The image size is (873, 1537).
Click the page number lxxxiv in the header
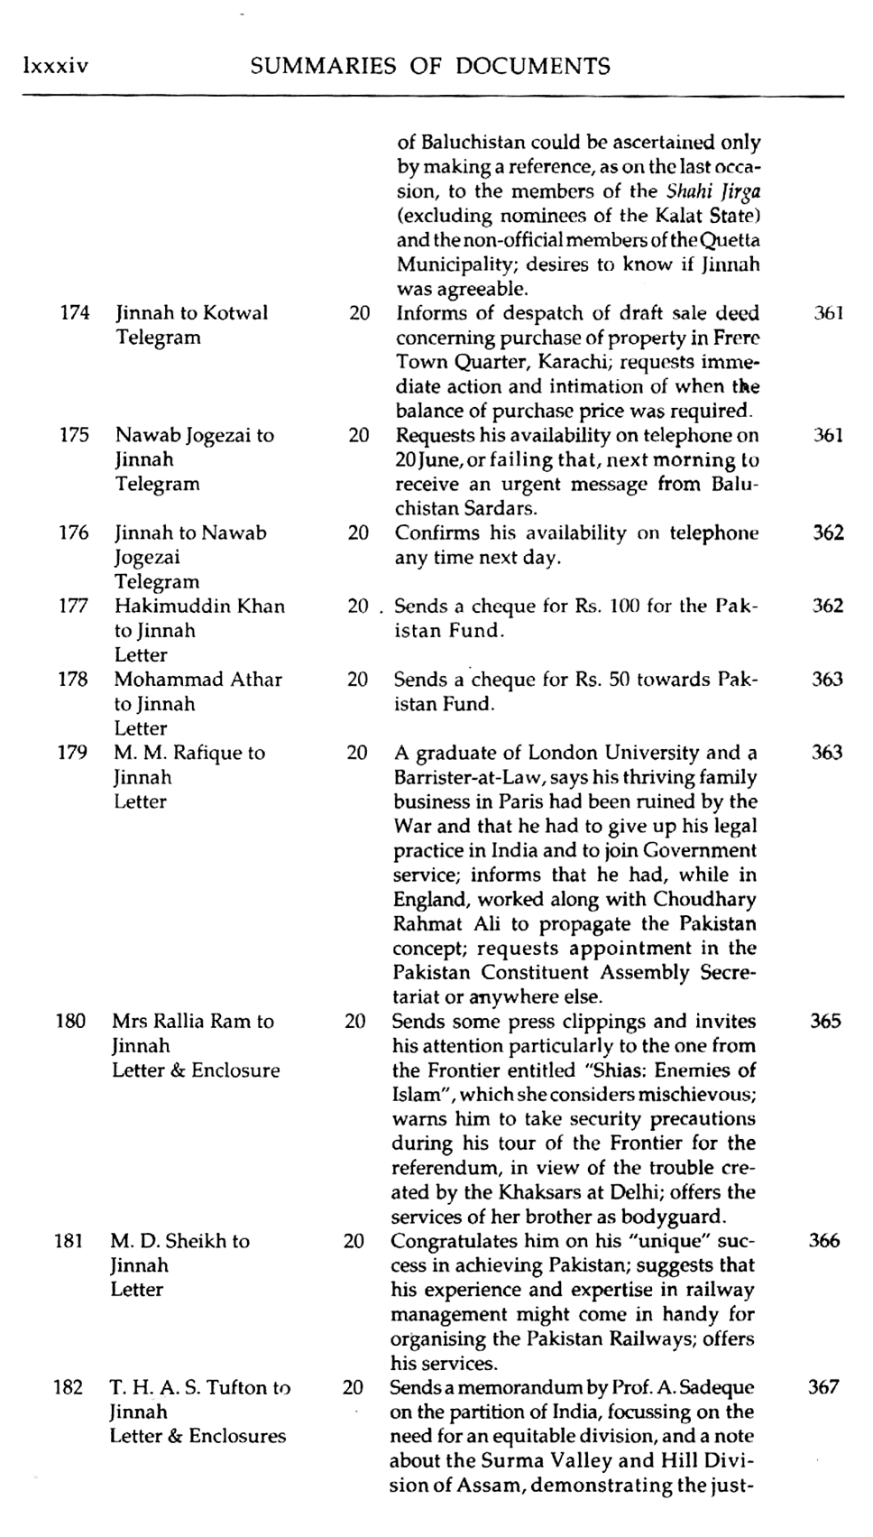click(x=55, y=66)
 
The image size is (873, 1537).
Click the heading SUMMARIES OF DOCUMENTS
click(x=430, y=66)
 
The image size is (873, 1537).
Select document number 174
click(x=75, y=313)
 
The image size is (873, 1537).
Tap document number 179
click(x=73, y=753)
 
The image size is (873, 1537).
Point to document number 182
click(x=69, y=1387)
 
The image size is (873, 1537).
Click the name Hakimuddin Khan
click(x=199, y=606)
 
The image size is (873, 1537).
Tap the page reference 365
click(x=825, y=1021)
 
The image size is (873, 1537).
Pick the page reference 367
click(x=823, y=1387)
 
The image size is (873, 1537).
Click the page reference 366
click(x=824, y=1240)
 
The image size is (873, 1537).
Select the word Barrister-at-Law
click(x=468, y=777)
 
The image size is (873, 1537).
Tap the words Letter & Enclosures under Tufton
click(x=198, y=1436)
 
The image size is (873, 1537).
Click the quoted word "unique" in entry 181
click(x=658, y=1241)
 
